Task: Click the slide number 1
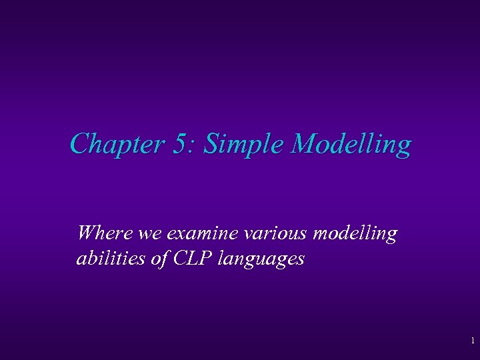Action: click(472, 341)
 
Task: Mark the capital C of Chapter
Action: click(79, 144)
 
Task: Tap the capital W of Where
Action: click(85, 233)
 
